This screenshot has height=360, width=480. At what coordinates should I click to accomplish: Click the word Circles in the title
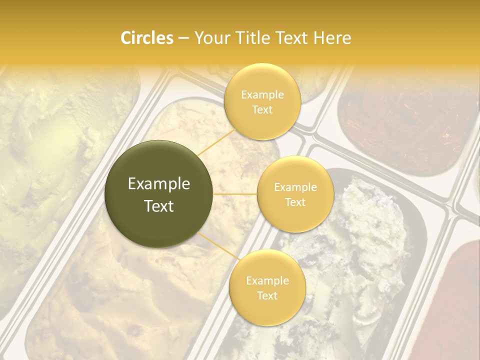coord(147,38)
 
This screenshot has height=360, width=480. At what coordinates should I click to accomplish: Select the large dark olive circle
coord(159,194)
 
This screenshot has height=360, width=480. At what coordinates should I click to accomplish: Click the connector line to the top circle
coord(216,142)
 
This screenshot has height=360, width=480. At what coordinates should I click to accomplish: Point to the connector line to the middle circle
coord(235,194)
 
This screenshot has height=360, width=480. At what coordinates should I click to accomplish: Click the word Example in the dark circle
coord(159,184)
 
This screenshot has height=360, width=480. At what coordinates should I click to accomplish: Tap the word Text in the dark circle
coord(159,206)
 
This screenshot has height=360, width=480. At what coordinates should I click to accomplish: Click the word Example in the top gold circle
coord(262,94)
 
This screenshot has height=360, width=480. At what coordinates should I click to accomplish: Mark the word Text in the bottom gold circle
coord(267,295)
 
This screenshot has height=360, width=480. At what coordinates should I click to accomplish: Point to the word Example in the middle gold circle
coord(295,187)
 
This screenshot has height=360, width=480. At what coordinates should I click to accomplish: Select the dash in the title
coord(183,38)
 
